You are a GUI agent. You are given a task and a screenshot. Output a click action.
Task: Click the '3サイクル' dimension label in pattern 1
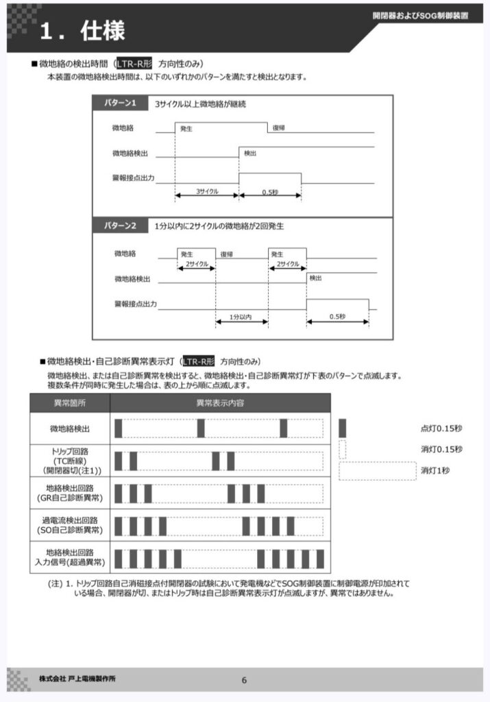[207, 191]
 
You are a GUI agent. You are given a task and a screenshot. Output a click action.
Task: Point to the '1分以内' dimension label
[241, 317]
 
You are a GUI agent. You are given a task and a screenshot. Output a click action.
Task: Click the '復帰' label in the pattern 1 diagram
[278, 128]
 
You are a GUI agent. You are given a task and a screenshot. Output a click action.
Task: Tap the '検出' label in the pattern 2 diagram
[315, 278]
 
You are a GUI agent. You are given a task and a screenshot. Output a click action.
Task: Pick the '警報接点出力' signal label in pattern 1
[133, 178]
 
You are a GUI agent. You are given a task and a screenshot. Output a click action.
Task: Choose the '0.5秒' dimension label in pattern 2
[337, 317]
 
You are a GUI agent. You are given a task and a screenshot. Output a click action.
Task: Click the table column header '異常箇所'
[70, 403]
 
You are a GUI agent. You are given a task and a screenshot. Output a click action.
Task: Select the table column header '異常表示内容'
[220, 403]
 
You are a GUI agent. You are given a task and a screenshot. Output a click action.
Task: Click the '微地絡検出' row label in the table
[70, 428]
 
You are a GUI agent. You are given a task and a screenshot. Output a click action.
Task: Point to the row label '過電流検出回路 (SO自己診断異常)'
[70, 525]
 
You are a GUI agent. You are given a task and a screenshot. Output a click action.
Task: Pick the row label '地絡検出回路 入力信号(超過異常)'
[70, 557]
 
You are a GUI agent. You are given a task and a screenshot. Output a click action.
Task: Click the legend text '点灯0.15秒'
[441, 428]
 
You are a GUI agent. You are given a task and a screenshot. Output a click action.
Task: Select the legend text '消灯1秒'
[436, 470]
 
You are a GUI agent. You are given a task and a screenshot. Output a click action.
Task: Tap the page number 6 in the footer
[245, 680]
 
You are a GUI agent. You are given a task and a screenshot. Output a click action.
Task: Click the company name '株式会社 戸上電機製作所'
[77, 679]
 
